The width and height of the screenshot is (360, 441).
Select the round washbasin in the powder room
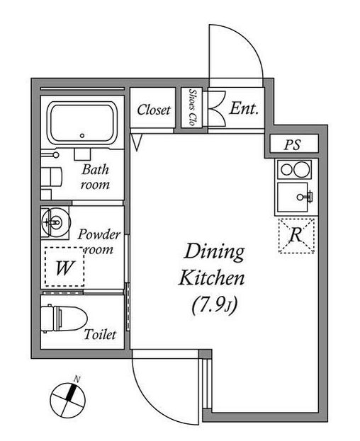(53, 222)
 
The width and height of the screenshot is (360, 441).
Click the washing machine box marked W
(64, 268)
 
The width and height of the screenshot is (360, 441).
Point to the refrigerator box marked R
(298, 234)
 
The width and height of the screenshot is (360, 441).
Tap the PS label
(292, 145)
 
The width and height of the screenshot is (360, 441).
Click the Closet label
(154, 110)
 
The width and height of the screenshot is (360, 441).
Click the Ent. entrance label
(244, 109)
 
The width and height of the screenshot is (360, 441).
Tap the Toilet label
(99, 334)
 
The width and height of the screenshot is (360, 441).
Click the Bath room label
(95, 177)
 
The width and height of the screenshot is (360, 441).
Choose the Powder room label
(99, 241)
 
